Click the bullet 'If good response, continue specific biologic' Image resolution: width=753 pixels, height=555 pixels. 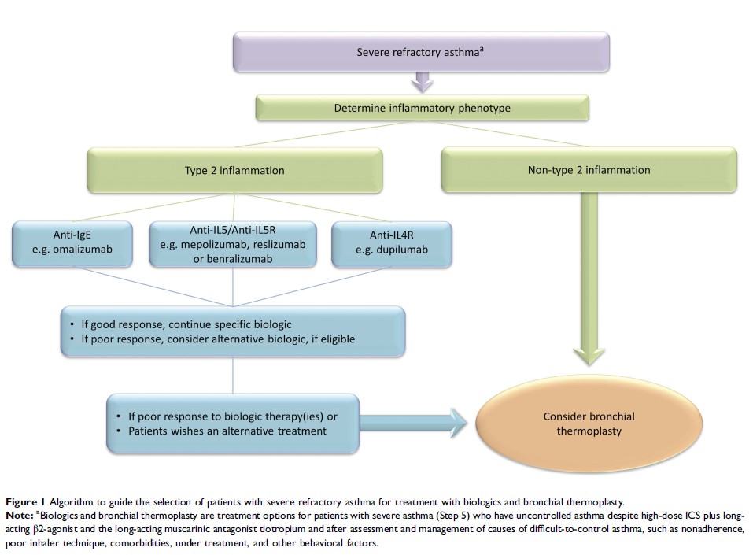185,324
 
